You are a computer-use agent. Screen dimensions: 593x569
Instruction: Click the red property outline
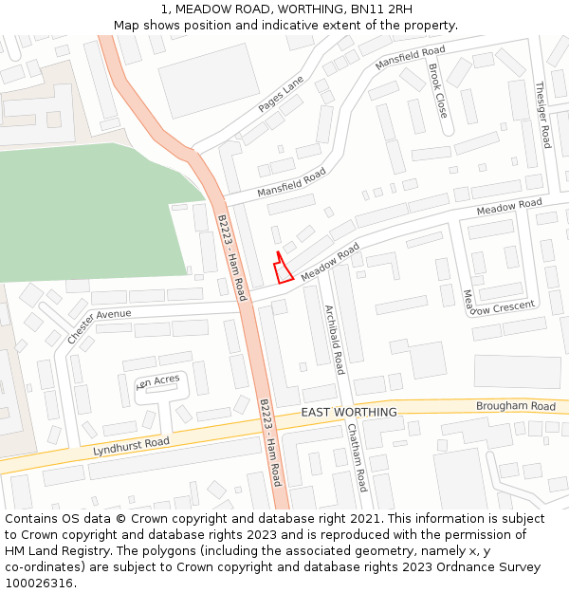(x=282, y=270)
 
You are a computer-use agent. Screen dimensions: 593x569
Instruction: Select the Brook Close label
(x=437, y=91)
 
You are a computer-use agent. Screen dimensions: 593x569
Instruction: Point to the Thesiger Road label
(x=542, y=115)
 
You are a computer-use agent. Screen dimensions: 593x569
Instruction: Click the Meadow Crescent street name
(x=499, y=306)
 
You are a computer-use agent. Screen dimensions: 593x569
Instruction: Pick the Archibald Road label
(x=334, y=340)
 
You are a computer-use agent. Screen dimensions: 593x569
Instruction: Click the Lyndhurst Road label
(x=131, y=447)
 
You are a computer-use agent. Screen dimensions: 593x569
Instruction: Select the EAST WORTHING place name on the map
(x=349, y=413)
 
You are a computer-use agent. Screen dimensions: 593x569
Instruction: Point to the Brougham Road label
(x=516, y=406)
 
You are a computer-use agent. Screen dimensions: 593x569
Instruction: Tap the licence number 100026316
(x=39, y=583)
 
